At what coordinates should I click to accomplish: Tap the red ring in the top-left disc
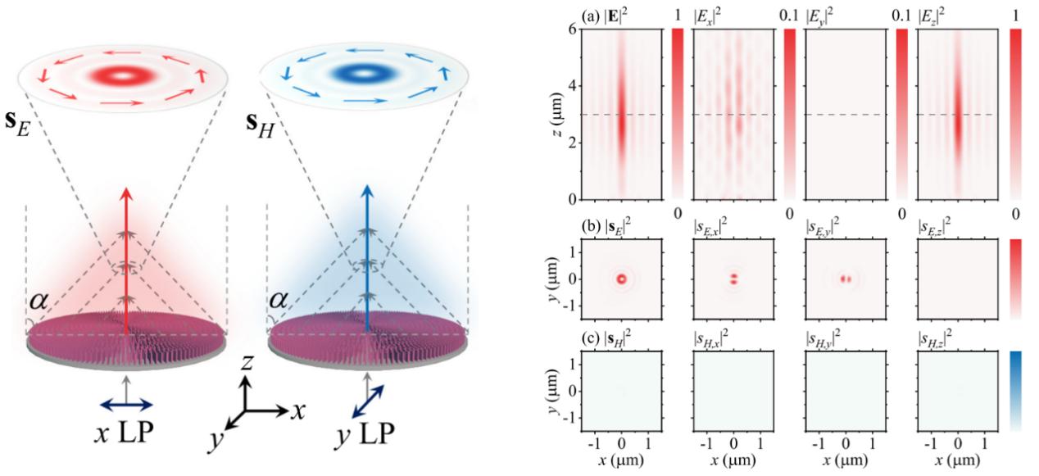(x=123, y=75)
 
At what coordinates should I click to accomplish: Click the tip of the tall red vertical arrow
(x=125, y=192)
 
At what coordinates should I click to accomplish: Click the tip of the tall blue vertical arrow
(x=367, y=192)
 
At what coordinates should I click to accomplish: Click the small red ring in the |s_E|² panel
(x=621, y=279)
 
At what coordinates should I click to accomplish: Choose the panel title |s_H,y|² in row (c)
(x=823, y=336)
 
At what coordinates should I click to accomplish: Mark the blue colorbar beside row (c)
(x=1016, y=391)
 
